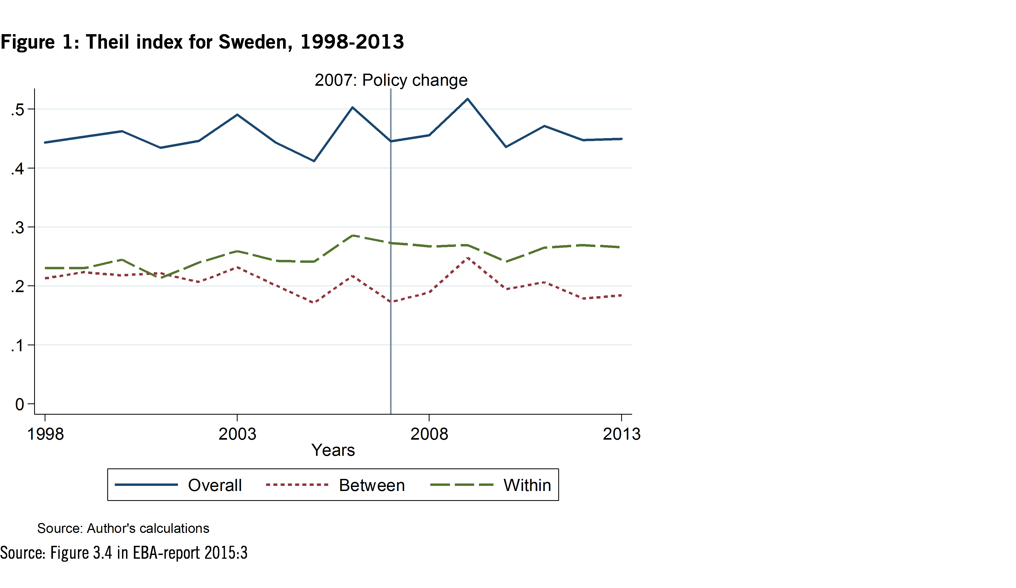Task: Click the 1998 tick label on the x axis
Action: point(45,434)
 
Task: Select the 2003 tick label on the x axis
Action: point(237,434)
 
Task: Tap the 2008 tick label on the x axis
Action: point(429,434)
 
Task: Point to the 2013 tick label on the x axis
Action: point(621,434)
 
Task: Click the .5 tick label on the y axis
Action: point(18,110)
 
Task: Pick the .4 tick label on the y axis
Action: point(18,169)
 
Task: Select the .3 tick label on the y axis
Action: point(18,228)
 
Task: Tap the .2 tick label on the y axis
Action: point(18,286)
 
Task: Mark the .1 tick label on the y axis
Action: point(18,345)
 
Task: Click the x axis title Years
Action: point(333,450)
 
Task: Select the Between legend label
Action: point(372,485)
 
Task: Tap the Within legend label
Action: point(527,485)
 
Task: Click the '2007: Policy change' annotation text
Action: point(391,80)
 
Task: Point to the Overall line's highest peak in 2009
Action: point(467,99)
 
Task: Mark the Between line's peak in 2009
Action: point(467,257)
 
